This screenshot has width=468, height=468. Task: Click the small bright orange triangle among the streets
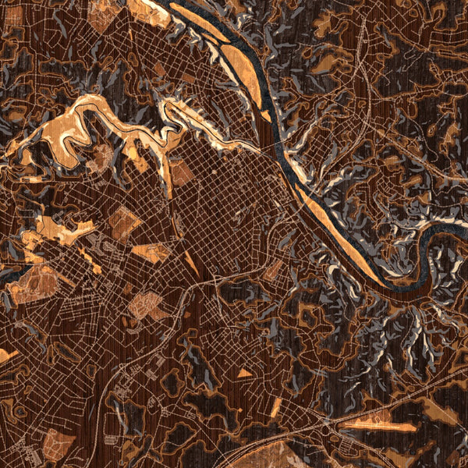coord(244,374)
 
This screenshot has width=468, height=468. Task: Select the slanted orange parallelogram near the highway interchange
coord(275,407)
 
